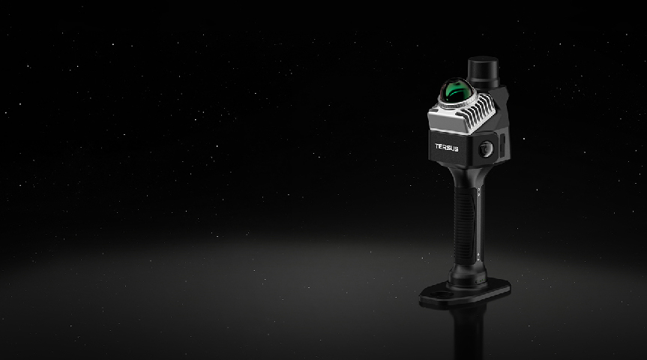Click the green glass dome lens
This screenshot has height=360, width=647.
[455, 90]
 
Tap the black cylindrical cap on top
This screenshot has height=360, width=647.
[483, 72]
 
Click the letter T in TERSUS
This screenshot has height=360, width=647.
[437, 146]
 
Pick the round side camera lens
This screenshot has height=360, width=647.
[485, 149]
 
